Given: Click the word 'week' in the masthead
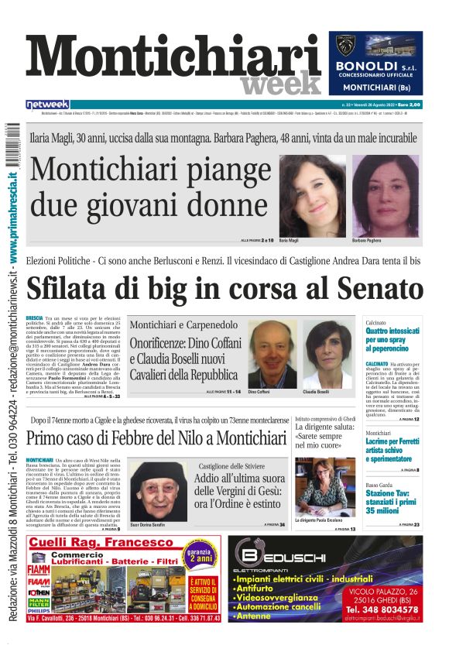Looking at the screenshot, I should click(280, 82).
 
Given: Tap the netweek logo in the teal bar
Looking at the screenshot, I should click(47, 104).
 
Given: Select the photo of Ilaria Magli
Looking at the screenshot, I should click(312, 196).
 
